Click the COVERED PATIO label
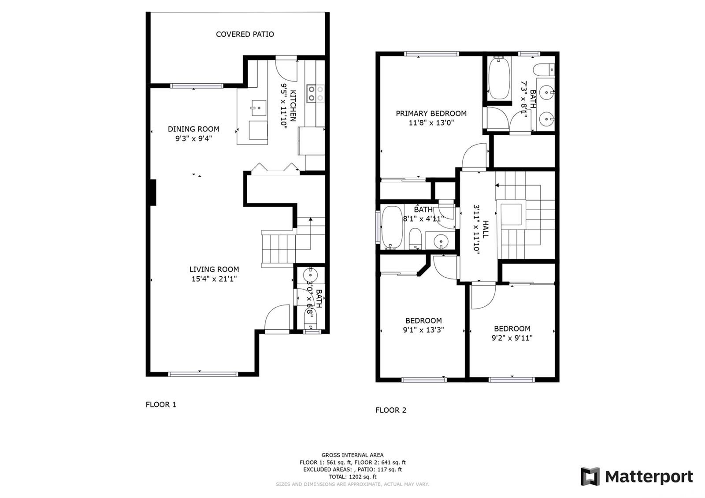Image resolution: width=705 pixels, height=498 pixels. click(x=245, y=34)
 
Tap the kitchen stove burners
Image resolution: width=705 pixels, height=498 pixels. click(x=315, y=93)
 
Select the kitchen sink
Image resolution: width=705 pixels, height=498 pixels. click(x=259, y=108)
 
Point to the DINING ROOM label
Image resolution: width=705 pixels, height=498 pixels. click(x=193, y=129)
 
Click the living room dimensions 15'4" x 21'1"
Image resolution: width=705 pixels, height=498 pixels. click(x=214, y=279)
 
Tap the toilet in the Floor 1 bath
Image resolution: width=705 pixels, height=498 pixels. click(x=311, y=319)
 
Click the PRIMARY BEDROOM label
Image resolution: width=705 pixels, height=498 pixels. click(x=431, y=113)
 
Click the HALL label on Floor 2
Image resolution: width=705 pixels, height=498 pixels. click(x=486, y=229)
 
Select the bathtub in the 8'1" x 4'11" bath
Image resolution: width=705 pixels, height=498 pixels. click(x=392, y=227)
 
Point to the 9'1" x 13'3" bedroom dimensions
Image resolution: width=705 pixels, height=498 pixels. click(x=423, y=330)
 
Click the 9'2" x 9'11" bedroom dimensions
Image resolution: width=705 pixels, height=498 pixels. click(x=512, y=338)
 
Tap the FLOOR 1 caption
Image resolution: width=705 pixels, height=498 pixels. click(x=161, y=405)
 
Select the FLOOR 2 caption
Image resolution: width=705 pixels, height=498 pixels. click(x=391, y=410)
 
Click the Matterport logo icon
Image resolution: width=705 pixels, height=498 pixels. click(x=590, y=476)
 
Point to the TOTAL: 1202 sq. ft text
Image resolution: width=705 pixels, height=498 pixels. click(x=352, y=476)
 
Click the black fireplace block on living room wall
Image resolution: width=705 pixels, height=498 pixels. click(x=153, y=193)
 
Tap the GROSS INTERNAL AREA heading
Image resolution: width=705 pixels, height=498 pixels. click(x=352, y=455)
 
